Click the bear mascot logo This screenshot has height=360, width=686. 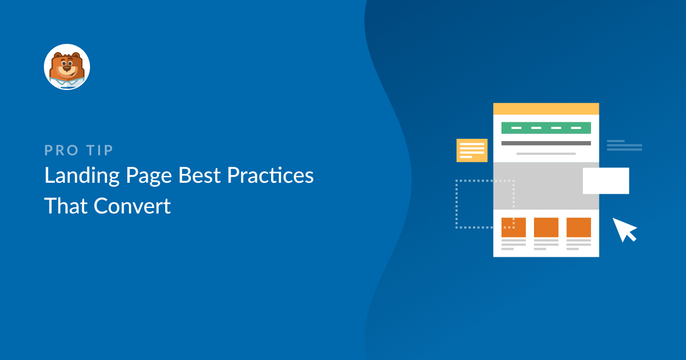coord(66,67)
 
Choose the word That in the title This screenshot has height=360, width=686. coord(65,206)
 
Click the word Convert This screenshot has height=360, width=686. coord(132,206)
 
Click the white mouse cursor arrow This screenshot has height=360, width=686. coord(624,229)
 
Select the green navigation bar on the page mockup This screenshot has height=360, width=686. coord(546,128)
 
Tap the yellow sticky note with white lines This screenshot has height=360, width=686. coord(472,150)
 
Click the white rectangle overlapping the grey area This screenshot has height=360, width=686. coord(606,181)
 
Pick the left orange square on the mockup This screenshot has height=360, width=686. coord(514,227)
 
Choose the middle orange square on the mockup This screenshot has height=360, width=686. coord(546,227)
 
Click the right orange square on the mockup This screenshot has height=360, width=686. coord(578,227)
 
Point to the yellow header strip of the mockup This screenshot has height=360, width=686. coord(546,109)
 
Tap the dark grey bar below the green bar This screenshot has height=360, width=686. coord(546,143)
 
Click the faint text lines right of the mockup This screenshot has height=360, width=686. coord(624,145)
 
